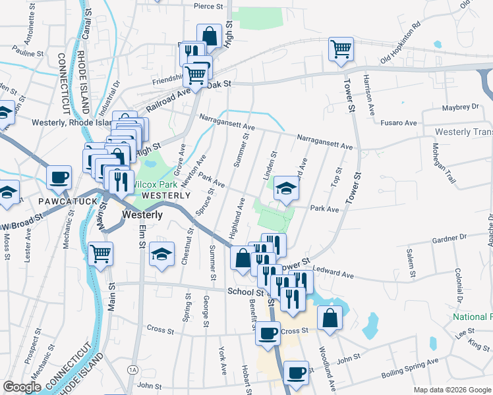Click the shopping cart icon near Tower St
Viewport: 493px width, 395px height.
pyautogui.click(x=341, y=49)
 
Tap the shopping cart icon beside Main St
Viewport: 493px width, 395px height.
pyautogui.click(x=100, y=253)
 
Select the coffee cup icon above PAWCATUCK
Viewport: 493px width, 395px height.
pyautogui.click(x=59, y=177)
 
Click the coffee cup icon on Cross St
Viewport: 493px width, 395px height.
pyautogui.click(x=268, y=334)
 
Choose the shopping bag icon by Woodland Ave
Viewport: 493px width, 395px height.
pyautogui.click(x=330, y=318)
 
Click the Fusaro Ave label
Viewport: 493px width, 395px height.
pyautogui.click(x=401, y=123)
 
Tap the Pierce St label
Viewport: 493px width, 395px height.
pyautogui.click(x=210, y=6)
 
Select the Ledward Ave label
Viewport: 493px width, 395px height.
pyautogui.click(x=335, y=271)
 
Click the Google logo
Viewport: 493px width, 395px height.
pyautogui.click(x=22, y=387)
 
